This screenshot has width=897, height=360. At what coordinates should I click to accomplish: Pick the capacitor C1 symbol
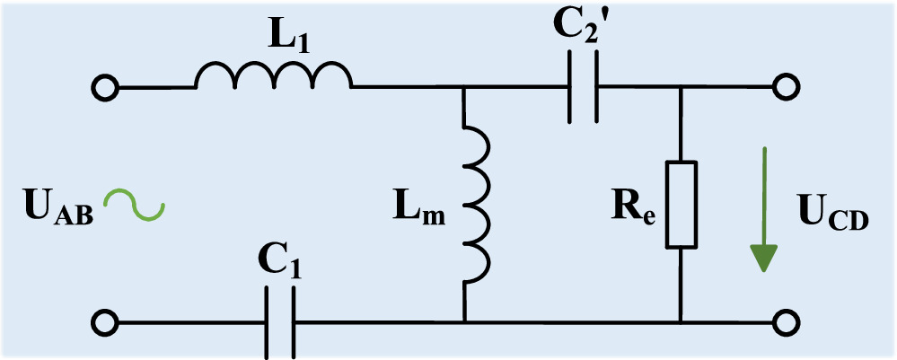(x=279, y=322)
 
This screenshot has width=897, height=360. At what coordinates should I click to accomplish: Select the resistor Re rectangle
(x=681, y=205)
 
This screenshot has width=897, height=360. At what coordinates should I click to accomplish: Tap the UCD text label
(x=832, y=216)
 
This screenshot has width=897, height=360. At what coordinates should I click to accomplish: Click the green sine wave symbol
(x=133, y=206)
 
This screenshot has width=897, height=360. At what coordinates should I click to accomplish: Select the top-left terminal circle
(x=105, y=88)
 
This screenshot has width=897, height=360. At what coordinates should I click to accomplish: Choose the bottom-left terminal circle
(x=105, y=322)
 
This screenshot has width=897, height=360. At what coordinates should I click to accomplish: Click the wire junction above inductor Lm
(x=464, y=88)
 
